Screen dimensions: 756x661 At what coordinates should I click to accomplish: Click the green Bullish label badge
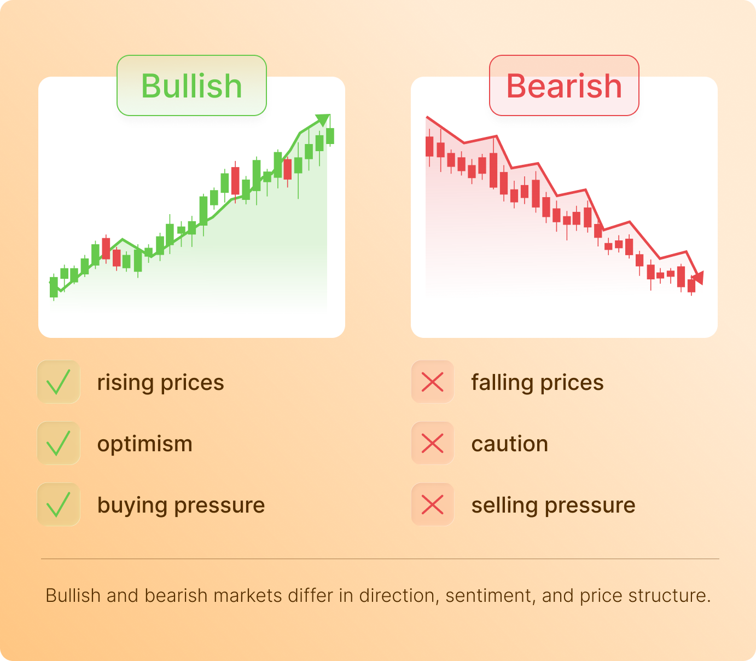pos(191,85)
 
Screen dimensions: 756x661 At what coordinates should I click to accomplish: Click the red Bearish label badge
pos(564,85)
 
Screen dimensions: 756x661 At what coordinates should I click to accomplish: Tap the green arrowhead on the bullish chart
pos(323,119)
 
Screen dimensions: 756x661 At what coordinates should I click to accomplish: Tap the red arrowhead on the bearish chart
pos(698,278)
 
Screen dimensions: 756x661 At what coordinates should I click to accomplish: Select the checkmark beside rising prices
pos(59,382)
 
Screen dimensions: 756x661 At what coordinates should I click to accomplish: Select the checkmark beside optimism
pos(59,443)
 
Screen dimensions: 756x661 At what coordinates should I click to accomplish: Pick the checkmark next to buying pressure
pos(59,504)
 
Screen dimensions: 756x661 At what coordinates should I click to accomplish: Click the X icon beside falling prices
pos(432,382)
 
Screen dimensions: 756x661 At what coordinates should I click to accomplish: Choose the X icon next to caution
pos(432,443)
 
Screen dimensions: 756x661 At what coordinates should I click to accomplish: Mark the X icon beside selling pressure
pos(432,504)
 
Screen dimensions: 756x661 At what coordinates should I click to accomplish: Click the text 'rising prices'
pos(160,382)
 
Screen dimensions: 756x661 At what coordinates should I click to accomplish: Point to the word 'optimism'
pos(145,444)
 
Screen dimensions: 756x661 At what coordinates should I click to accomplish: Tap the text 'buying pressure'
pos(181,505)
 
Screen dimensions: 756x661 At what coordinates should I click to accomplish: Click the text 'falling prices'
pos(537,382)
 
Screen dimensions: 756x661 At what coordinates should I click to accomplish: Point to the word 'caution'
pos(509,444)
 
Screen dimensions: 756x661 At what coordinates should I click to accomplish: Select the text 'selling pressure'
pos(553,505)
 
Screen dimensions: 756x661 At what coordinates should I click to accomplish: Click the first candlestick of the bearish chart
pos(429,147)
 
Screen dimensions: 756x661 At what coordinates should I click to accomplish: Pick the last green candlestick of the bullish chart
pos(330,136)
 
